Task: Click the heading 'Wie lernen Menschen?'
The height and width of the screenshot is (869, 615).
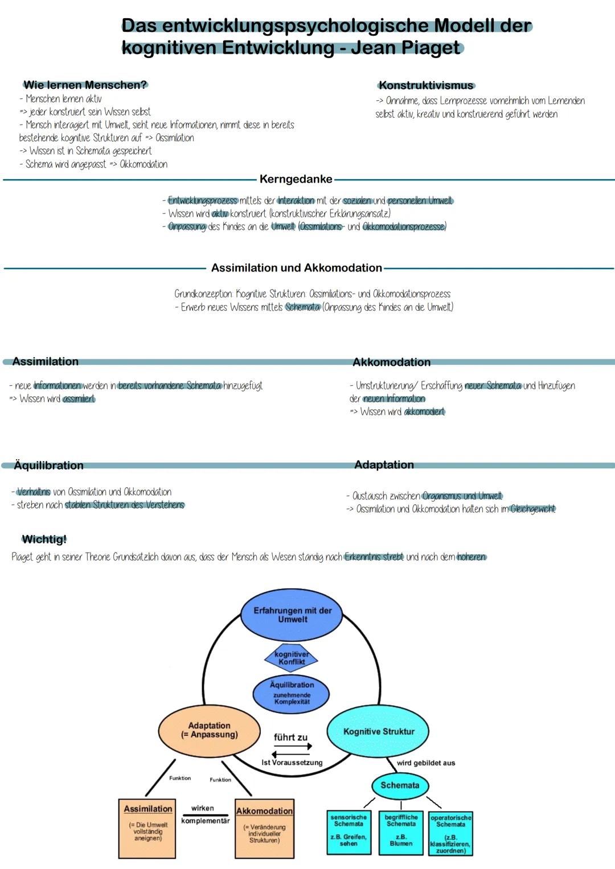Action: pyautogui.click(x=85, y=85)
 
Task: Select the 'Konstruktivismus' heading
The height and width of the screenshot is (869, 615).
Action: pyautogui.click(x=426, y=86)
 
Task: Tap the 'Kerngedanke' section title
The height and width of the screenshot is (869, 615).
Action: pyautogui.click(x=296, y=179)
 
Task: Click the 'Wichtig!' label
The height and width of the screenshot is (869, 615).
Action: pyautogui.click(x=44, y=539)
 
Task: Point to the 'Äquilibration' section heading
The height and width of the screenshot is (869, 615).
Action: pyautogui.click(x=48, y=466)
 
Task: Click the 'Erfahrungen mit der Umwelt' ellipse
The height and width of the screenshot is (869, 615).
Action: pyautogui.click(x=292, y=615)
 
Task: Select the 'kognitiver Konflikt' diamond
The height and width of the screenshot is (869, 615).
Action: pyautogui.click(x=292, y=658)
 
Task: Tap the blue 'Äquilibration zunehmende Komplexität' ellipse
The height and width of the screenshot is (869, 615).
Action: pyautogui.click(x=292, y=693)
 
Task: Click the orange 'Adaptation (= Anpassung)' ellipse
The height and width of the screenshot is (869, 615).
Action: pyautogui.click(x=209, y=731)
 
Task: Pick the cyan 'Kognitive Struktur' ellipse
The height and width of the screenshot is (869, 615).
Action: pyautogui.click(x=378, y=732)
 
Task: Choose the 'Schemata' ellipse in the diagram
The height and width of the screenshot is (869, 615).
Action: pyautogui.click(x=400, y=785)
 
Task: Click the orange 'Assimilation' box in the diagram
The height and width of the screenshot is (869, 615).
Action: pyautogui.click(x=147, y=828)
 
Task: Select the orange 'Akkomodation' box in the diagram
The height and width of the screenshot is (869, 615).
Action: pyautogui.click(x=264, y=828)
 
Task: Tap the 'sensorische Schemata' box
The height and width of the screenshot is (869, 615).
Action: pyautogui.click(x=348, y=832)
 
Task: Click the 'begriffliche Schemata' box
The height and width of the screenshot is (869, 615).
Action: pyautogui.click(x=401, y=832)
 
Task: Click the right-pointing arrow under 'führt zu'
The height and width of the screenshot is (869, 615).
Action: pyautogui.click(x=293, y=746)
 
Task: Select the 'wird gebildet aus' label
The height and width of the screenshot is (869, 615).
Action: pyautogui.click(x=426, y=763)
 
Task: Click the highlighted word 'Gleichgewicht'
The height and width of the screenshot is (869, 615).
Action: pyautogui.click(x=533, y=509)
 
